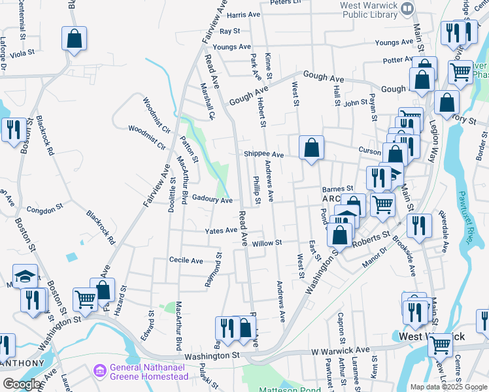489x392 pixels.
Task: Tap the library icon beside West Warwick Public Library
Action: pyautogui.click(x=408, y=8)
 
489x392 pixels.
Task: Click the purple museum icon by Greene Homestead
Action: pyautogui.click(x=99, y=371)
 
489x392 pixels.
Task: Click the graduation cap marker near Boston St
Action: pyautogui.click(x=26, y=275)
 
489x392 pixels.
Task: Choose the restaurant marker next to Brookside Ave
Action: pyautogui.click(x=418, y=225)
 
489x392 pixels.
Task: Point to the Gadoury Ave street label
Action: pyautogui.click(x=212, y=201)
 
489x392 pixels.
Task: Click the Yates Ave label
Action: pyautogui.click(x=221, y=231)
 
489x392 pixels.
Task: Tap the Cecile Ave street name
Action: pyautogui.click(x=186, y=260)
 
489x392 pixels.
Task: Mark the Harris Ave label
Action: pyautogui.click(x=243, y=14)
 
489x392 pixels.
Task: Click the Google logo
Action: pyautogui.click(x=22, y=384)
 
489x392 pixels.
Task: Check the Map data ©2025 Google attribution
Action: pyautogui.click(x=448, y=387)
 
